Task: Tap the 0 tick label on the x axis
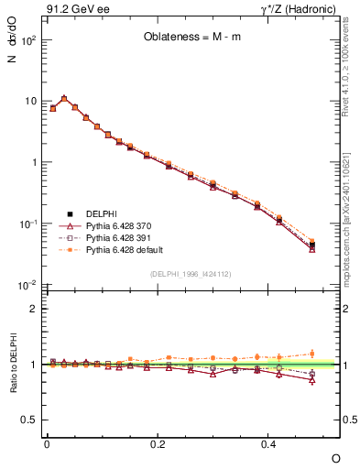47,443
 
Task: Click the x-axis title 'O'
334,457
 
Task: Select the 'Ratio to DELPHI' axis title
12,364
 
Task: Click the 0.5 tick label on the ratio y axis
28,420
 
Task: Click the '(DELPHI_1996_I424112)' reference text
191,273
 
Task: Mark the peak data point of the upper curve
64,98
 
